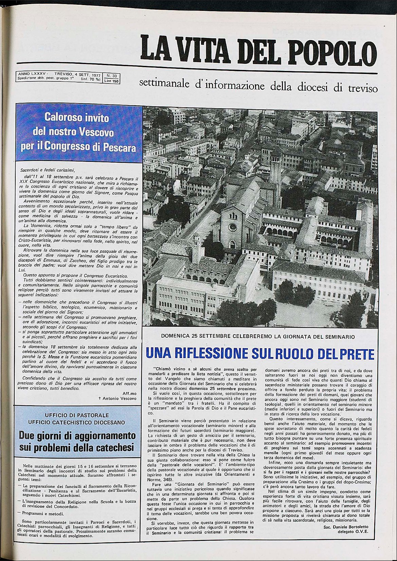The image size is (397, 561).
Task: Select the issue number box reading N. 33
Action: pos(109,76)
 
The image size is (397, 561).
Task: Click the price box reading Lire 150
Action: pos(109,81)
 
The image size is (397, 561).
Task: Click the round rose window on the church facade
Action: pos(233,227)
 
